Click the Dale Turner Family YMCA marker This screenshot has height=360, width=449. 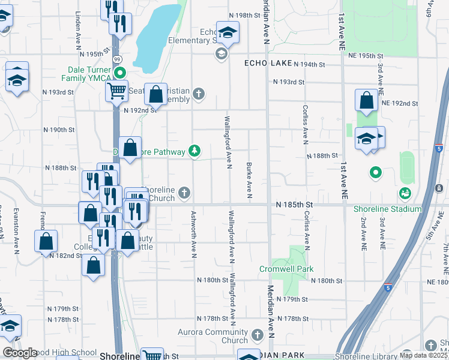[x=119, y=74]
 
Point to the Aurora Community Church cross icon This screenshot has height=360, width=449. [x=258, y=334]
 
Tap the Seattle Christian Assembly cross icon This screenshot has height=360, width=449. [x=198, y=93]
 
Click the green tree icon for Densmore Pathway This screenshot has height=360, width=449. [x=194, y=151]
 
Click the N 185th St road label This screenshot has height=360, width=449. [x=296, y=205]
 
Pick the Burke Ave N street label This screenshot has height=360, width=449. [x=249, y=179]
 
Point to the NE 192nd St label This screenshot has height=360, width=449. [x=399, y=103]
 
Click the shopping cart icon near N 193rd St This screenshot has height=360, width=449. [x=116, y=91]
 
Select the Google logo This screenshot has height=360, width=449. [x=20, y=353]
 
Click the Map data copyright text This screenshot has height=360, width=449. [x=423, y=355]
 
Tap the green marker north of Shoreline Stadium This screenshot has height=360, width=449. [x=376, y=173]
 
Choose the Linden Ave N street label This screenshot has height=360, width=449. [x=78, y=28]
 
